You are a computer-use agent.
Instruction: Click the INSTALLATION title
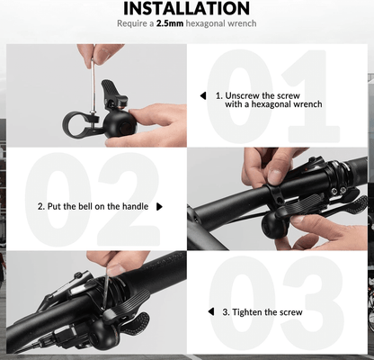point(187,8)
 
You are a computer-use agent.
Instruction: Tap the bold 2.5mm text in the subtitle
point(170,23)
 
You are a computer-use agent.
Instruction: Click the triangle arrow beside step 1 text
point(202,94)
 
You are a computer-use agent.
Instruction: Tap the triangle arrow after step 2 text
point(160,206)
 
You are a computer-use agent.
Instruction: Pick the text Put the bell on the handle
point(93,206)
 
